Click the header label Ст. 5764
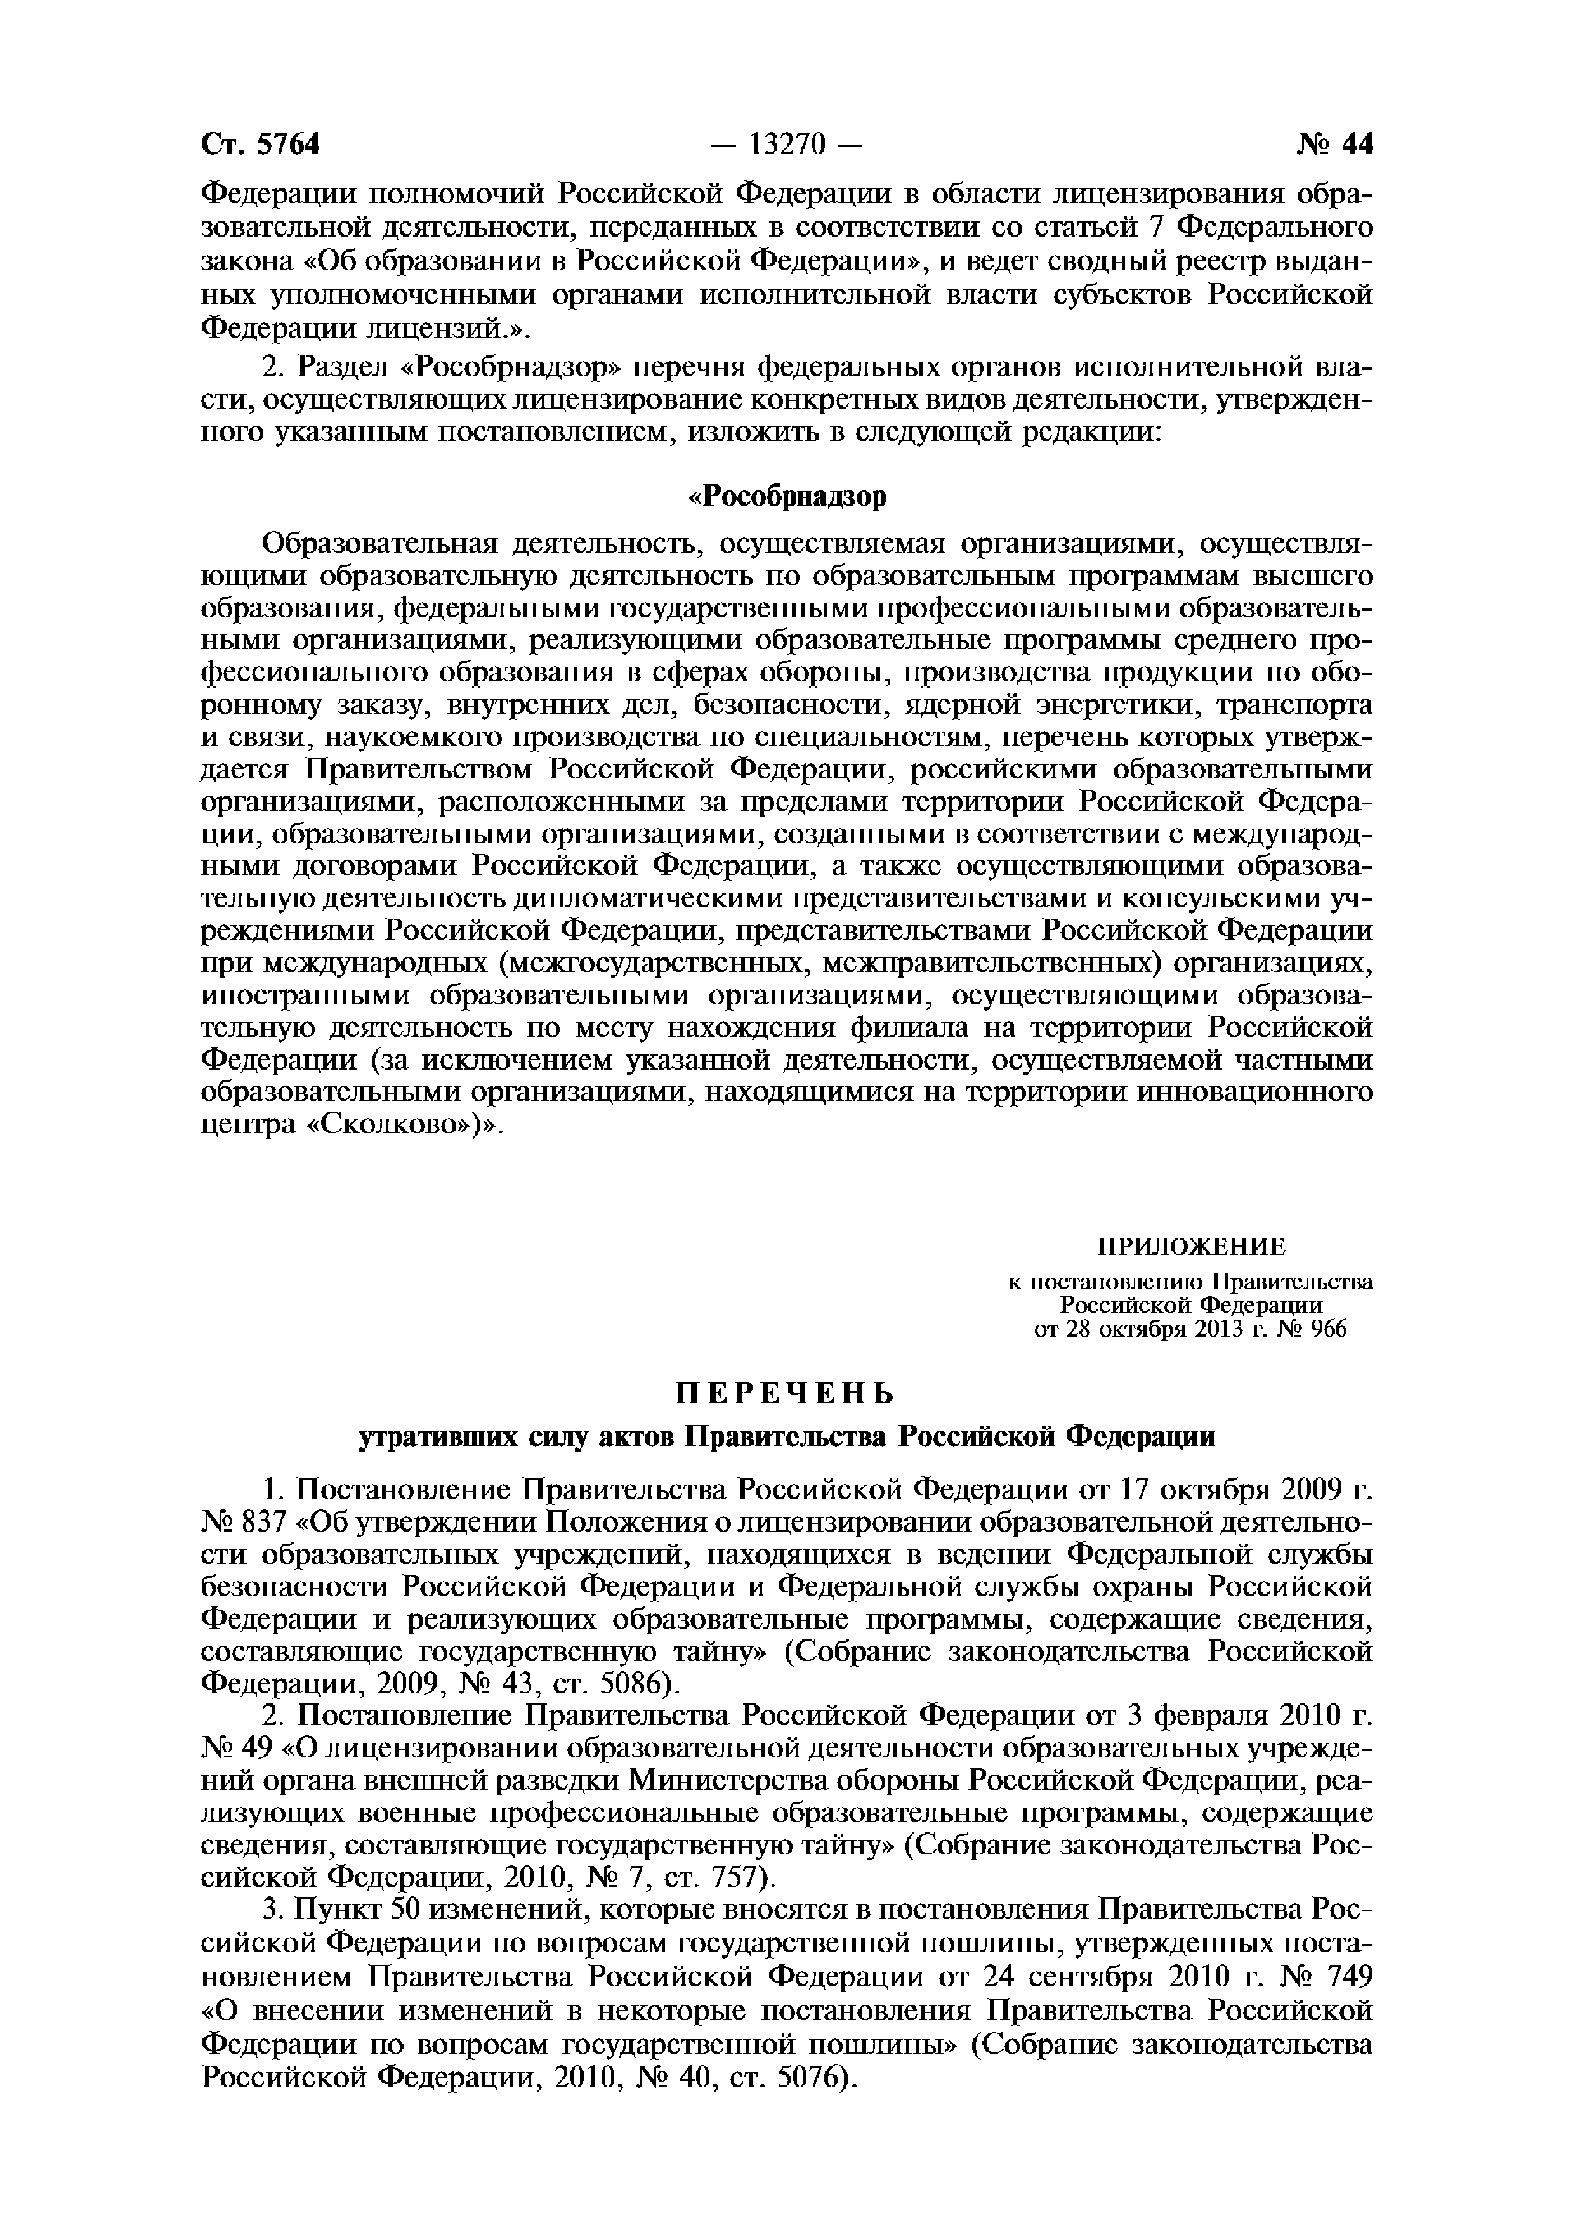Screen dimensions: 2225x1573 point(260,145)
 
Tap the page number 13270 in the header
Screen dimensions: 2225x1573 point(786,145)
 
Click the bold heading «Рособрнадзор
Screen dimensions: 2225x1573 point(786,496)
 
